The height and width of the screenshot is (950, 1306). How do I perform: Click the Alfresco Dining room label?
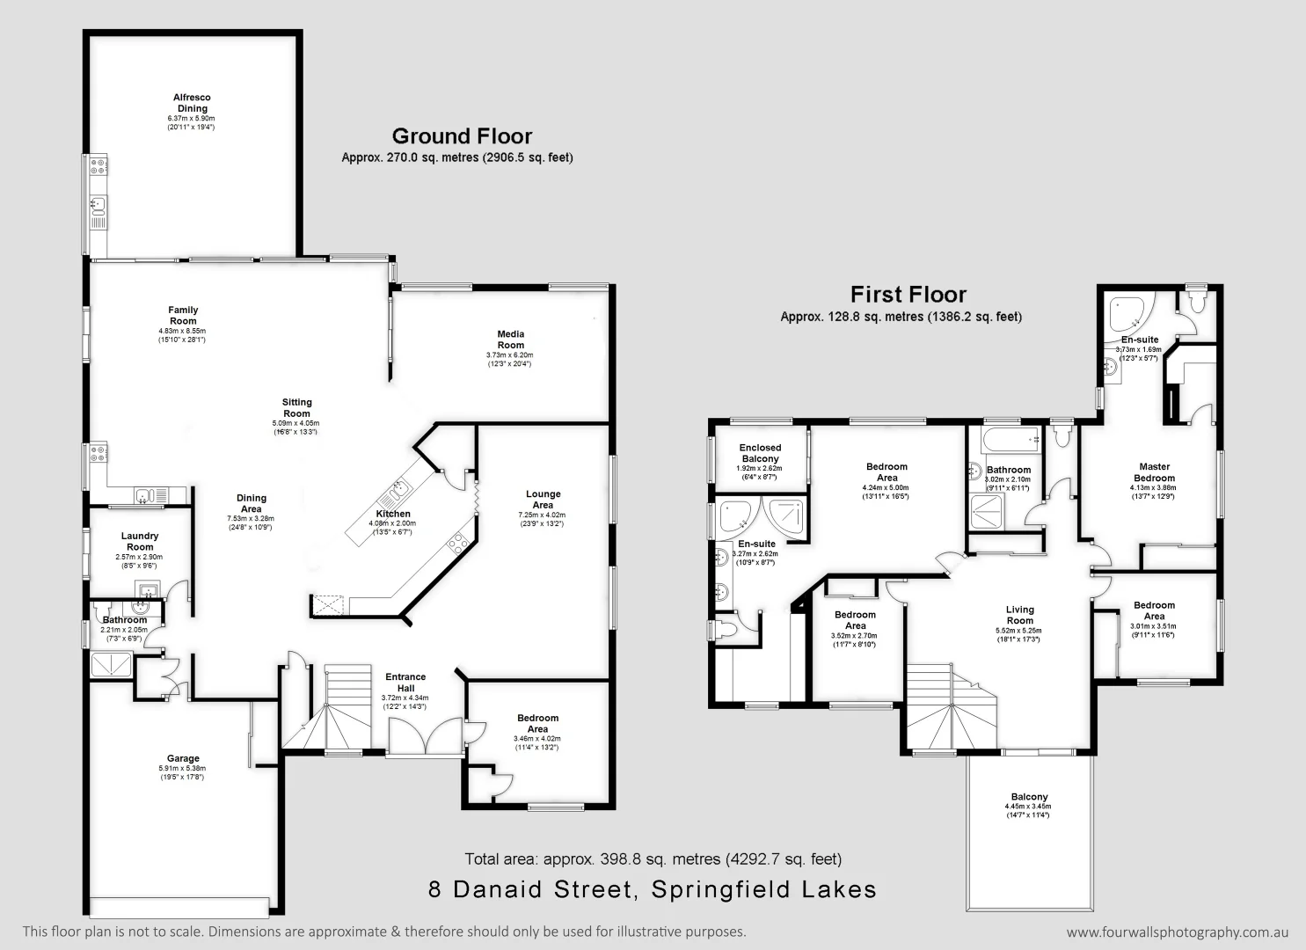click(191, 104)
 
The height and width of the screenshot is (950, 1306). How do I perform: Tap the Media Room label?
click(511, 340)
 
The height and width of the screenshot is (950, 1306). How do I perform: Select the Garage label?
click(183, 758)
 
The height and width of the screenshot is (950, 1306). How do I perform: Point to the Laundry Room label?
click(140, 541)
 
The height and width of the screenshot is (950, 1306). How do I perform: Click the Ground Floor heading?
click(462, 136)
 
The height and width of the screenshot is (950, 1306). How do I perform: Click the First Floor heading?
click(908, 295)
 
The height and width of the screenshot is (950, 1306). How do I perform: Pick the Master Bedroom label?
click(1155, 472)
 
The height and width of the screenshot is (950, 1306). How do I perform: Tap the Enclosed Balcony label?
click(760, 453)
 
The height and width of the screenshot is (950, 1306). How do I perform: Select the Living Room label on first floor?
click(1020, 614)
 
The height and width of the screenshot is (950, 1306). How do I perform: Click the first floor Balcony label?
click(1028, 797)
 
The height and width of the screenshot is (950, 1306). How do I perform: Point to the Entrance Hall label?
click(405, 683)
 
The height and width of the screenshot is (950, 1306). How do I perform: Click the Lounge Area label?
click(543, 500)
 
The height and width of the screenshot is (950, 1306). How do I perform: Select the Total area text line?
click(653, 859)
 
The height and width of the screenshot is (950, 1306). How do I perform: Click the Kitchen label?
click(393, 514)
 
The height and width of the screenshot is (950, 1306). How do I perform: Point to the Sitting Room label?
click(297, 407)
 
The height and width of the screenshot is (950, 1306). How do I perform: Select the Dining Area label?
click(252, 503)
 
